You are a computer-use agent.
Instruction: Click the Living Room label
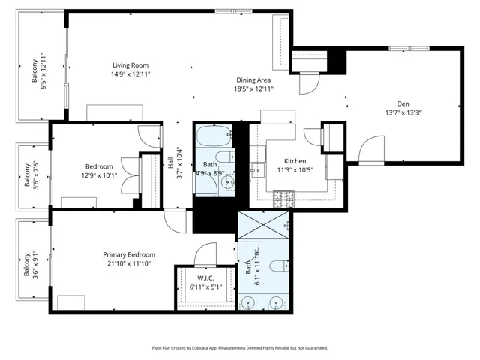(130, 65)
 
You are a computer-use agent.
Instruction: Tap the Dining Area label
(253, 80)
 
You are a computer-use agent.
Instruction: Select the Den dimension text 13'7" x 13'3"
(403, 112)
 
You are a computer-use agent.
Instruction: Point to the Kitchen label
(295, 161)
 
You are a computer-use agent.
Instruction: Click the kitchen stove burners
(283, 199)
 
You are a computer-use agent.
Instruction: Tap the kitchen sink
(257, 170)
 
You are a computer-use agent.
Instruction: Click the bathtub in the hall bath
(214, 136)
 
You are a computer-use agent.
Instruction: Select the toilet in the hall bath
(225, 157)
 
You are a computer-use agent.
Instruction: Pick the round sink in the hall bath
(228, 183)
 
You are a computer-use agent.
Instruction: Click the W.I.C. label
(205, 278)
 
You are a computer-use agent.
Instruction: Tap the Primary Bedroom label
(129, 255)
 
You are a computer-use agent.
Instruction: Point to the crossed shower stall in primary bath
(263, 225)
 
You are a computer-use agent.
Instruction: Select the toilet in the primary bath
(280, 265)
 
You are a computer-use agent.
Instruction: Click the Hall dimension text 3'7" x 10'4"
(180, 163)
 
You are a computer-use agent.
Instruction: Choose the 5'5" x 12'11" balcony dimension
(43, 70)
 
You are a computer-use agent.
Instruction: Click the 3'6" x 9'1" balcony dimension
(35, 265)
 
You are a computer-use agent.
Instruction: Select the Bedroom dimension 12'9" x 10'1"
(99, 175)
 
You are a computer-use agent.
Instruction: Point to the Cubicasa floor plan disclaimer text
(240, 348)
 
